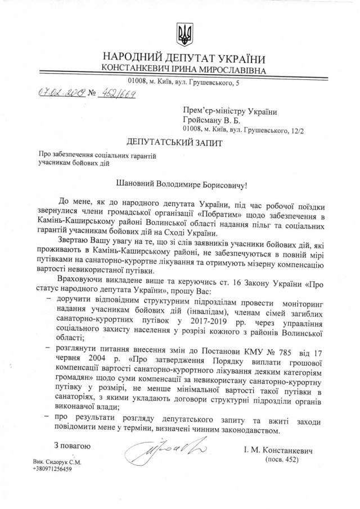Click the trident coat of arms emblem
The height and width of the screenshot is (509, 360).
(183, 35)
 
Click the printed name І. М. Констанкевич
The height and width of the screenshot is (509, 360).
(279, 451)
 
